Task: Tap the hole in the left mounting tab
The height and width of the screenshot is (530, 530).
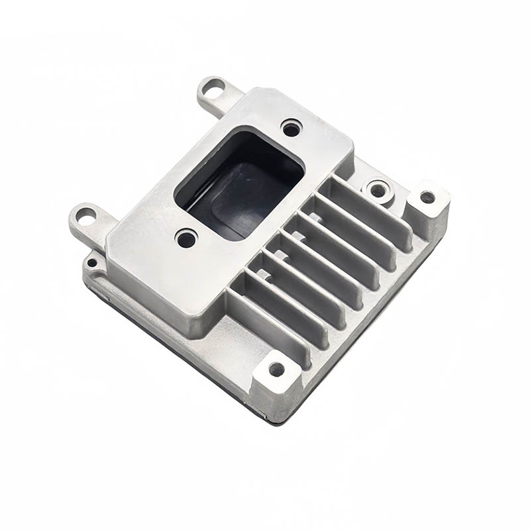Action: pos(85,215)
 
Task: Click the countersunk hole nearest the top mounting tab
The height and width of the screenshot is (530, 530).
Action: pos(291,128)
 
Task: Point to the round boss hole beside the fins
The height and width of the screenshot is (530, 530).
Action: pos(378,191)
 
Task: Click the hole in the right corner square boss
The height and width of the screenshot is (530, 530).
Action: pos(427,197)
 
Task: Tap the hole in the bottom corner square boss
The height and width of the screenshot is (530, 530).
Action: pos(276,369)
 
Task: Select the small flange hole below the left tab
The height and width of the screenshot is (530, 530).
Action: pos(92,262)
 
